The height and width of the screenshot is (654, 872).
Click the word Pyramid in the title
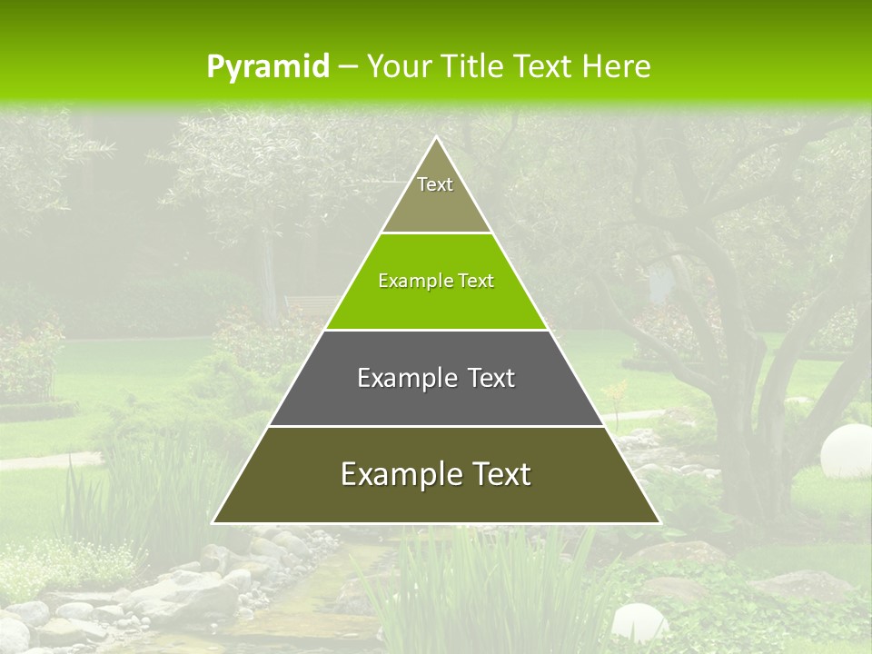(x=267, y=67)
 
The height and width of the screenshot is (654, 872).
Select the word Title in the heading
(x=479, y=66)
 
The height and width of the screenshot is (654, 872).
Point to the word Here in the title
(x=616, y=66)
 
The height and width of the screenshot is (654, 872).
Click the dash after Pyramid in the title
(x=347, y=67)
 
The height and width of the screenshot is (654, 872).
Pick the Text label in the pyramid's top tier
(x=435, y=184)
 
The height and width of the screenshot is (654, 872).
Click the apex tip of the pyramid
(x=436, y=139)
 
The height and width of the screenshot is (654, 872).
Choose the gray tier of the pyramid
(x=436, y=400)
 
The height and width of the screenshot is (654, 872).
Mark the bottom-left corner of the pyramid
(x=213, y=522)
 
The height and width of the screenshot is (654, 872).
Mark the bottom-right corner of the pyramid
(x=659, y=522)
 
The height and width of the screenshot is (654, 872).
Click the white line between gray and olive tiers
(x=436, y=426)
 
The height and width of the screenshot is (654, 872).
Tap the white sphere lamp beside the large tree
(x=845, y=451)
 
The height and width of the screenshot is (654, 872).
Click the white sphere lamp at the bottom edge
(x=639, y=624)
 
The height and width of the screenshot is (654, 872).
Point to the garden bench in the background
(x=310, y=304)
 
